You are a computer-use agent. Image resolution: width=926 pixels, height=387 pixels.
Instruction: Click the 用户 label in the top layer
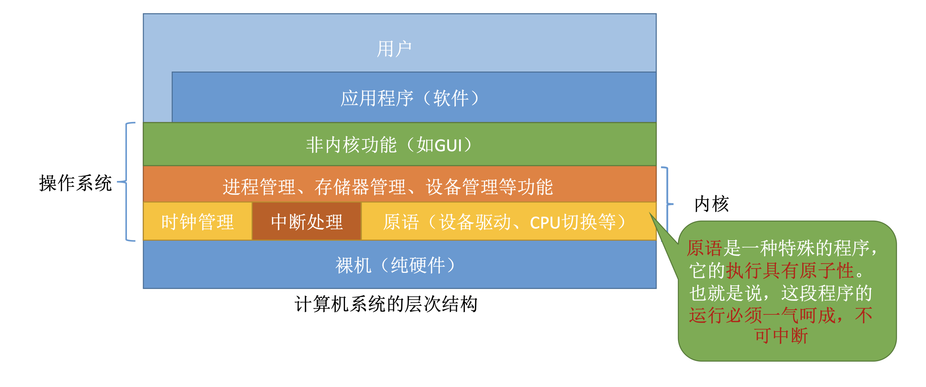point(394,49)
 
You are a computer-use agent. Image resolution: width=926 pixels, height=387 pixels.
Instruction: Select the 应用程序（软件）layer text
point(410,98)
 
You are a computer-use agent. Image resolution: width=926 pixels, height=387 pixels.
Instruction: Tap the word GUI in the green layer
point(448,146)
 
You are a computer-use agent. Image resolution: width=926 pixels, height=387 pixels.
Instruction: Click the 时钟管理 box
point(197,222)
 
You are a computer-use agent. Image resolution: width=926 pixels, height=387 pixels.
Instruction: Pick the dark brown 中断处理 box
point(306,222)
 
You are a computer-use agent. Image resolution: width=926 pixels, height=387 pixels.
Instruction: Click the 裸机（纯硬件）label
point(395,265)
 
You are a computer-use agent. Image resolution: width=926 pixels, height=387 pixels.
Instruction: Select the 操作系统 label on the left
point(75,183)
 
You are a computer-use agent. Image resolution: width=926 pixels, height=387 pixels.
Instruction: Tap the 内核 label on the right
point(711,204)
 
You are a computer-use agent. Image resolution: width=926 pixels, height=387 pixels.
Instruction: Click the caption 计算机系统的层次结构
point(386,304)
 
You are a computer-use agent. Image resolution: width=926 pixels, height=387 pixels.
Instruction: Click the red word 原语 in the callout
point(704,248)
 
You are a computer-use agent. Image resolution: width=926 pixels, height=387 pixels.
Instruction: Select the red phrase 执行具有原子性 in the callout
point(789,271)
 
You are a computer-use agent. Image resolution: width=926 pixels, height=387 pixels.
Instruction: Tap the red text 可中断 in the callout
point(781,336)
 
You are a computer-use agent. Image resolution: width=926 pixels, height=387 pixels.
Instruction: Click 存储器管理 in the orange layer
point(360,187)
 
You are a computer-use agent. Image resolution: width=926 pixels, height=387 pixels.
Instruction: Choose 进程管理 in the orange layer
point(259,187)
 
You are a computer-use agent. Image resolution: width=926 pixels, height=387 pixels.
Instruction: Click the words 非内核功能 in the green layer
point(351,145)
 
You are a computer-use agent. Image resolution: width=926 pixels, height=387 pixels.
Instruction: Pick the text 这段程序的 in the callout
point(826,293)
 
